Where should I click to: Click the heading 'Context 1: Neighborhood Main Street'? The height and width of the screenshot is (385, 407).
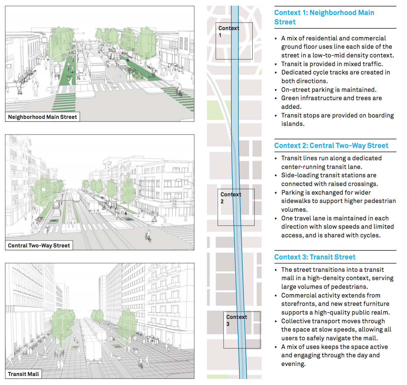(324, 17)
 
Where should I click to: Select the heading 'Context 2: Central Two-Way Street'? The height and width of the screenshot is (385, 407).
(331, 146)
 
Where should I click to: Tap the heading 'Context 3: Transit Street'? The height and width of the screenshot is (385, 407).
(315, 257)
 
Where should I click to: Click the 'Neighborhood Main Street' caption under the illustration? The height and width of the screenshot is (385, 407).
(42, 117)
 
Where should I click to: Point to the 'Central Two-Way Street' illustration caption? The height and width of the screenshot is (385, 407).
(39, 245)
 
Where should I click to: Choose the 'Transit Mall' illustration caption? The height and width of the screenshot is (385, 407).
(23, 374)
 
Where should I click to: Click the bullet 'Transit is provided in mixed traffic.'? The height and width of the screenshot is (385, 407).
(332, 64)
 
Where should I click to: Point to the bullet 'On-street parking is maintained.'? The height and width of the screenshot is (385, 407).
(329, 89)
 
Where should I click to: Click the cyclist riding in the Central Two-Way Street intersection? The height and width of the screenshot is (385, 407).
(148, 237)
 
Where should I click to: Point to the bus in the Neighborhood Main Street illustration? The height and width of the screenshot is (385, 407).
(97, 67)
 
